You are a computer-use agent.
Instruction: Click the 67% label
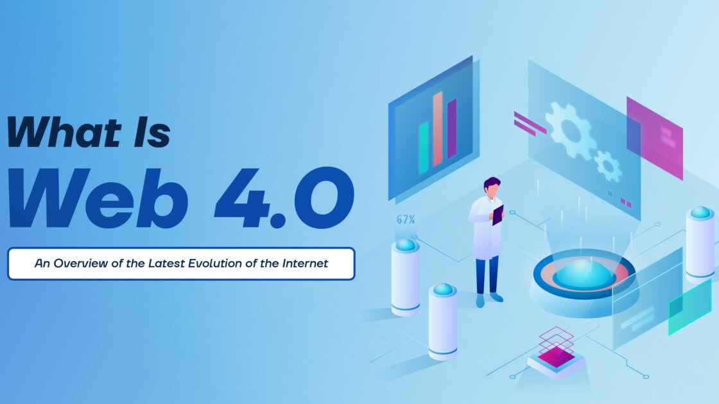[x=405, y=220]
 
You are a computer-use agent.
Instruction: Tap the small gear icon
[x=607, y=165]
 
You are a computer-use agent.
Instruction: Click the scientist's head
[x=492, y=187]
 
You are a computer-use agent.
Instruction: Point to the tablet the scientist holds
[x=498, y=214]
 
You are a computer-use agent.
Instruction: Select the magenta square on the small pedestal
[x=555, y=355]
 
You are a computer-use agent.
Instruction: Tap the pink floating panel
[x=654, y=137]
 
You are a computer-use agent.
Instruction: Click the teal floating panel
[x=689, y=306]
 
